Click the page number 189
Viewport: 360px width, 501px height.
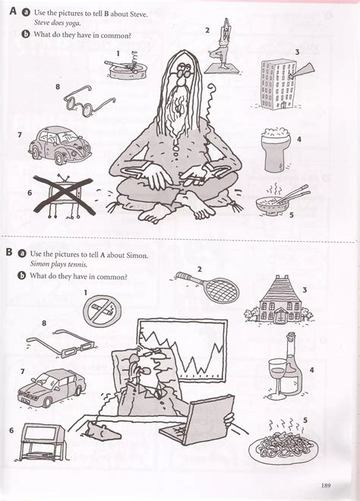click(325, 486)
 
